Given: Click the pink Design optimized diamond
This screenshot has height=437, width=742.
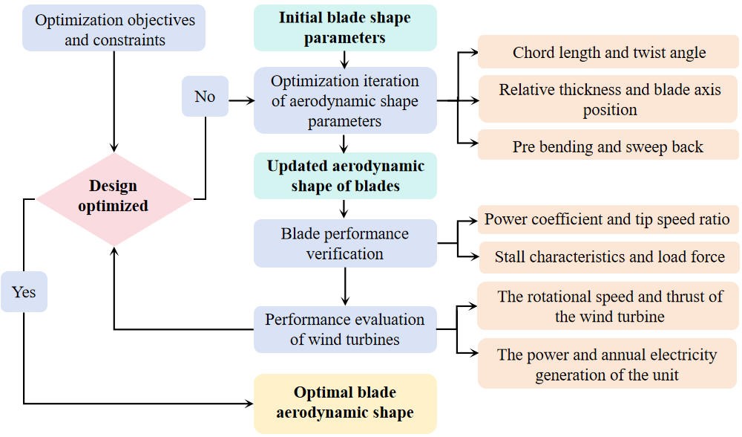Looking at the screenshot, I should coord(114,196).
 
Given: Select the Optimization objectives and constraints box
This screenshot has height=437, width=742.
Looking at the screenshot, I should coord(114,30).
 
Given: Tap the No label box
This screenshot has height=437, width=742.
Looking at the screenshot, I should coord(205,97).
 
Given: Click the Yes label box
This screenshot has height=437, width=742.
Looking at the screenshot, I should coord(24,291).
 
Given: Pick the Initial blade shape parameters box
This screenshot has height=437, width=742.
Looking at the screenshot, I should coord(345,27).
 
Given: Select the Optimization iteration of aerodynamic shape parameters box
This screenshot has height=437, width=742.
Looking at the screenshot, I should coord(345,101).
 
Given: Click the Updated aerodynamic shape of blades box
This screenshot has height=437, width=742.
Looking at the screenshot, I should coord(345,175).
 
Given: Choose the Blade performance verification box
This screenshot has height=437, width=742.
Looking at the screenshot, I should coord(345,243).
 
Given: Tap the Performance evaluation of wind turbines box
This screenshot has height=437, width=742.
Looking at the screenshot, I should coord(345,329).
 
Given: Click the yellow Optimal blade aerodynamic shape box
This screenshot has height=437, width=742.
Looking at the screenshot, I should coord(345,403).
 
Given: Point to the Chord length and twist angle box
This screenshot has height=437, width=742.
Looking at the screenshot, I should coord(608,53).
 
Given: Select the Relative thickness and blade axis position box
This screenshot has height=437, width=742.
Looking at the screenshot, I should coord(608,100).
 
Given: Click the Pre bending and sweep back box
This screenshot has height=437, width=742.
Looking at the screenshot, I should coord(608,146).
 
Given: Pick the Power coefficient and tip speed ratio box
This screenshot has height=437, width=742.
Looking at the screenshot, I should coord(608,220).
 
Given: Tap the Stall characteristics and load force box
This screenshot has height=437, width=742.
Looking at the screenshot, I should coord(608,257).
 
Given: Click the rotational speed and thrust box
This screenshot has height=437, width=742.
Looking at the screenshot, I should coord(608,306).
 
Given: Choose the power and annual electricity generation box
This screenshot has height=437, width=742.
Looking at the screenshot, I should coord(608,365).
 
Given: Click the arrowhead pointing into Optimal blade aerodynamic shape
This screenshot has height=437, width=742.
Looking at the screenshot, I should coord(249,404).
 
